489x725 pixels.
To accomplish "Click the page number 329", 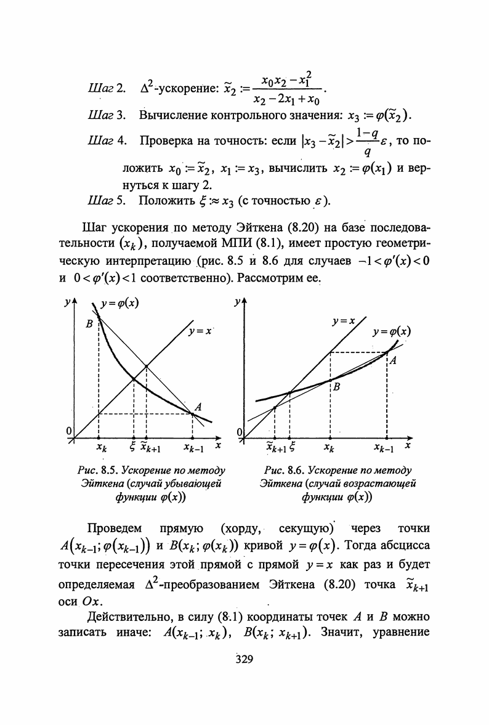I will (244, 661).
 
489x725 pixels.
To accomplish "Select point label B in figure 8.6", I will (336, 387).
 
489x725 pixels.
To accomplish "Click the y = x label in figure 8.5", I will (200, 331).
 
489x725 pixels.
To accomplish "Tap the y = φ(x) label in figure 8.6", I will (391, 331).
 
